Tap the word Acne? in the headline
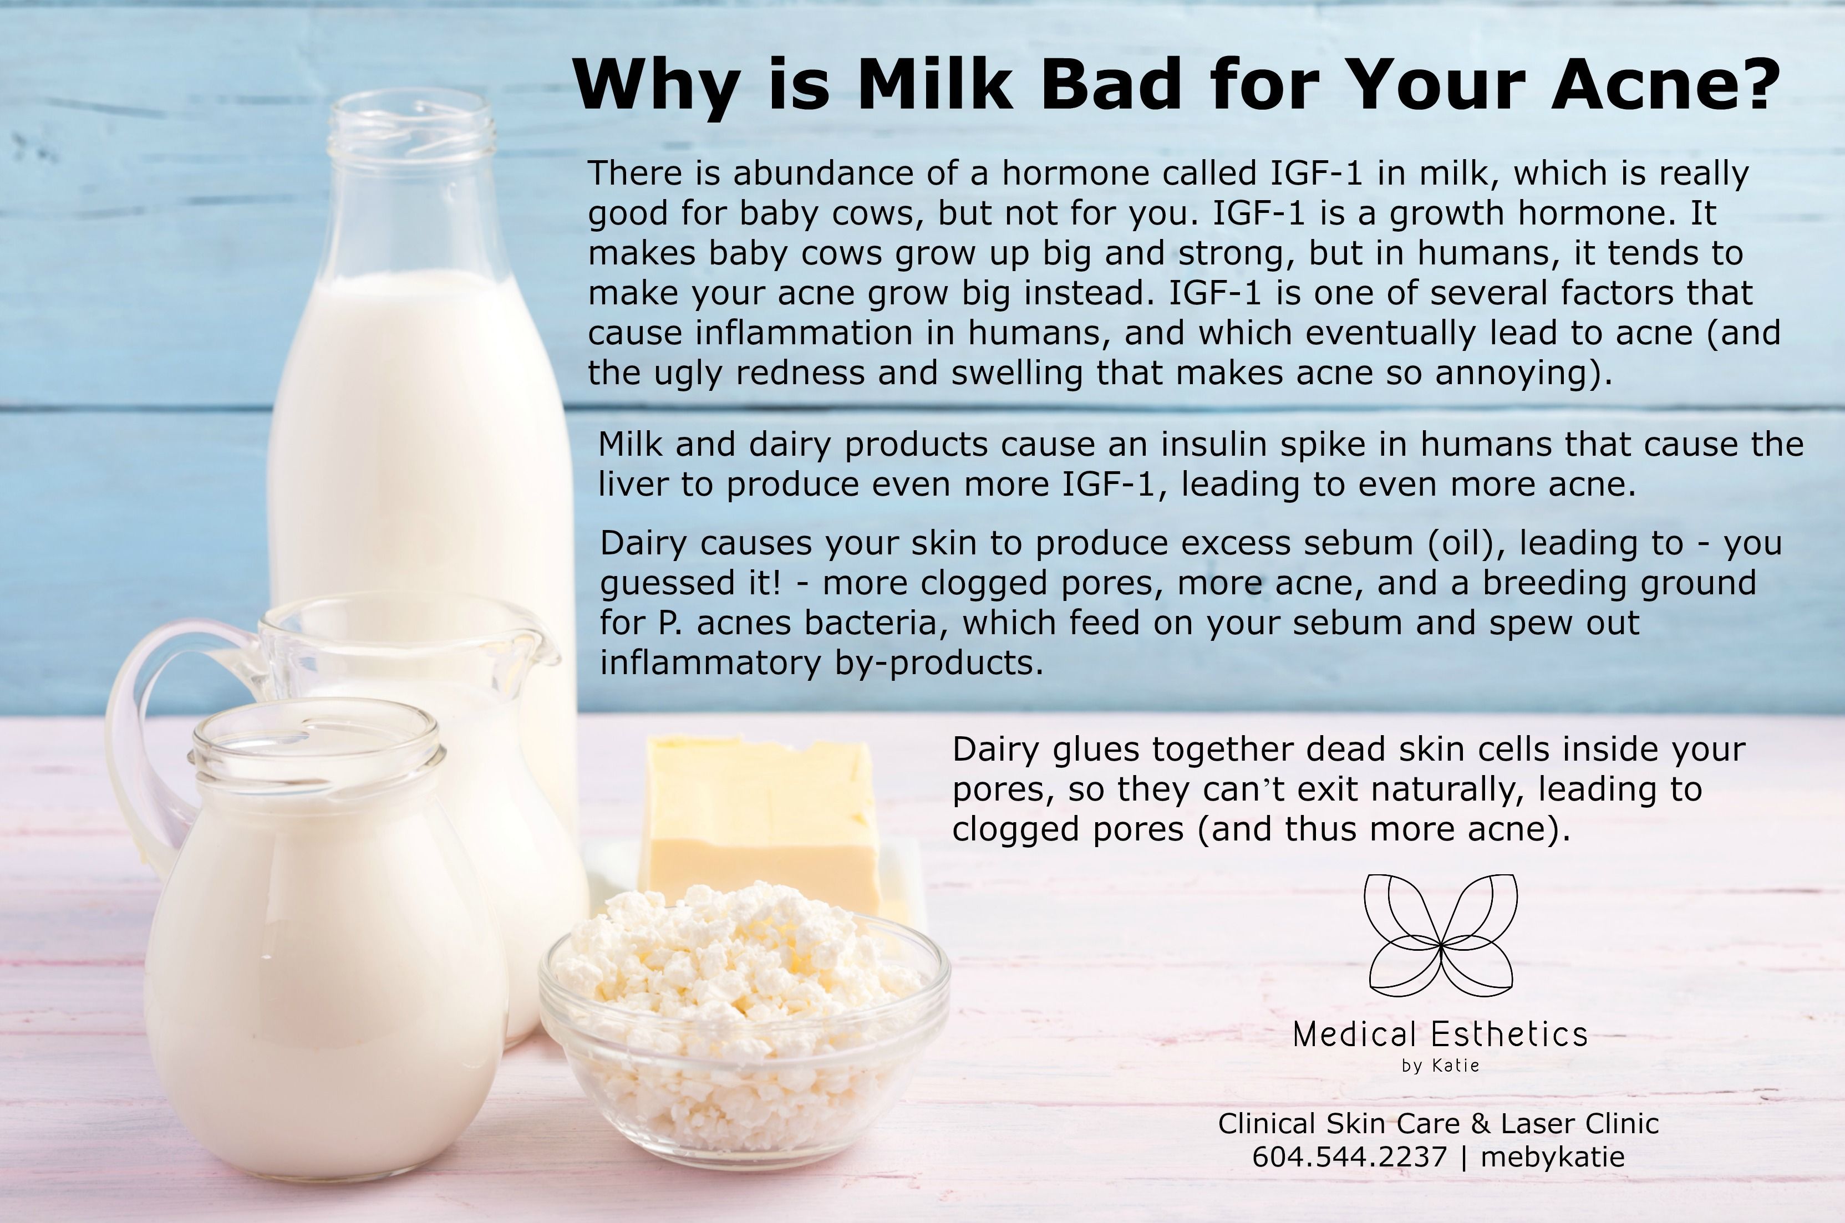tap(1665, 84)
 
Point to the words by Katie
tap(1440, 1066)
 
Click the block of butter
tap(761, 823)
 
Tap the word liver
tap(633, 485)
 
